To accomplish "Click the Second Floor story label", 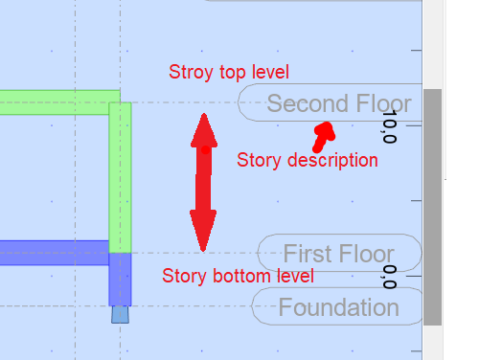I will click(338, 103).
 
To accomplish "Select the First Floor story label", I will click(338, 254).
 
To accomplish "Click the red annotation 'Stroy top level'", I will click(228, 72).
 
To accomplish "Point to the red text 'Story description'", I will click(307, 160).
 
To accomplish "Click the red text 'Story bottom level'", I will click(238, 277).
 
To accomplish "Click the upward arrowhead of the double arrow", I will click(203, 130).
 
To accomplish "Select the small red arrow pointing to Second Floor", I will click(323, 135).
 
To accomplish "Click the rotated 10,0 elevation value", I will click(388, 126).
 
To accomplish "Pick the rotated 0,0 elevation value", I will click(388, 278).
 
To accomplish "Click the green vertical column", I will click(120, 177).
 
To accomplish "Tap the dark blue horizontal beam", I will click(53, 253).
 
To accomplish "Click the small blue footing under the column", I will click(120, 313).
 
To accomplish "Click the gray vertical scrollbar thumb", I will click(433, 206).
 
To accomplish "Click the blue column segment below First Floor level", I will click(120, 278).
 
